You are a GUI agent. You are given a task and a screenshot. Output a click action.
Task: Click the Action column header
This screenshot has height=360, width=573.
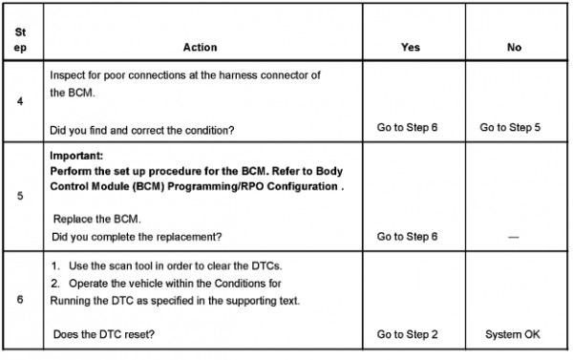tap(200, 47)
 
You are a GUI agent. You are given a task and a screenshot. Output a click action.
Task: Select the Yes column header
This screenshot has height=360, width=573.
tap(411, 47)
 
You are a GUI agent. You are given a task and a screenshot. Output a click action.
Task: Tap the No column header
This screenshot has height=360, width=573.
tap(514, 47)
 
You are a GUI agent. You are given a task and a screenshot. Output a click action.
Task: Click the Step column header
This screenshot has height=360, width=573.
tap(20, 40)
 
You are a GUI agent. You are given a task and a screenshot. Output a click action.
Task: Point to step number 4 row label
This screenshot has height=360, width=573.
tap(20, 101)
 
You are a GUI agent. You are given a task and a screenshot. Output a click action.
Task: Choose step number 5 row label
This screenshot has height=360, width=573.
tap(20, 196)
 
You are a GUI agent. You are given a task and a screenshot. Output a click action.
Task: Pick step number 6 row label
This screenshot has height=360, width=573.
tap(20, 299)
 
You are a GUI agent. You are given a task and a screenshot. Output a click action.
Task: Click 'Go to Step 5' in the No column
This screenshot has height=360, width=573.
tap(510, 128)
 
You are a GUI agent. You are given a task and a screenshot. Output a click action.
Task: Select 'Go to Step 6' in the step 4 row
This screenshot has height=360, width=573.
tap(407, 128)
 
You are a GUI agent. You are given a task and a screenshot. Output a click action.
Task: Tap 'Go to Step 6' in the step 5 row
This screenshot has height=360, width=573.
tap(407, 237)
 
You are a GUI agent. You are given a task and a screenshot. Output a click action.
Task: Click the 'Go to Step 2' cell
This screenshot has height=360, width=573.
tap(407, 334)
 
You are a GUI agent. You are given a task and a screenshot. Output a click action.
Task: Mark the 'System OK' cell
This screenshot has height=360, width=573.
tap(512, 334)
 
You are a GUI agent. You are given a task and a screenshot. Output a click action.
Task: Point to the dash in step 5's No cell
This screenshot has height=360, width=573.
tap(514, 237)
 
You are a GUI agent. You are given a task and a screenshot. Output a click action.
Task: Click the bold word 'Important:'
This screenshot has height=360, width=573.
tap(76, 156)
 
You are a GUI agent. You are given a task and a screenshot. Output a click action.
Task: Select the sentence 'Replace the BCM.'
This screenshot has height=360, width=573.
tap(96, 219)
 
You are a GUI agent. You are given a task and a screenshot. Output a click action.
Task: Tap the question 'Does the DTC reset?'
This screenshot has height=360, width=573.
tap(104, 334)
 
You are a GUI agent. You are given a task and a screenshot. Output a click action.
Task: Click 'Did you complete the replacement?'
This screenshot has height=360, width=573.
tap(137, 237)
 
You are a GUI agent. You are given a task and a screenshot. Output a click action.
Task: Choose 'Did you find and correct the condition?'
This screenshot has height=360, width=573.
tap(141, 131)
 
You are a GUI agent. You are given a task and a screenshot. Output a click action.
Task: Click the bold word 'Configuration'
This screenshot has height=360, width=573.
tap(302, 186)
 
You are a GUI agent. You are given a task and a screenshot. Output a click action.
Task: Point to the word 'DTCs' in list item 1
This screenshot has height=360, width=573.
tap(266, 265)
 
